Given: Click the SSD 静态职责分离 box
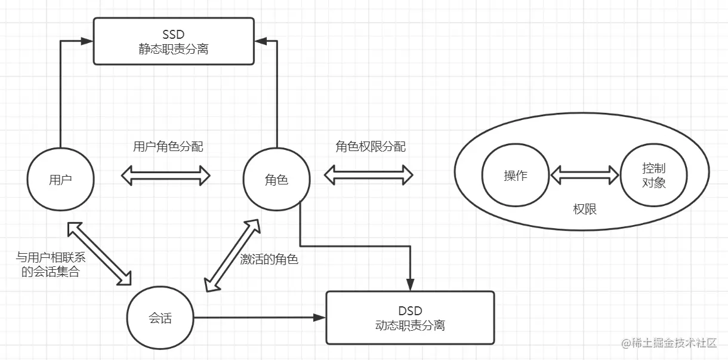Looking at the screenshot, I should tap(173, 41).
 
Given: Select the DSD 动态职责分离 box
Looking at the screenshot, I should tap(410, 318).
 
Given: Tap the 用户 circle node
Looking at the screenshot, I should tap(60, 180).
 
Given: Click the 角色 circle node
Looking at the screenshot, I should tap(276, 180).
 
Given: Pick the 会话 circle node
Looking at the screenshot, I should tap(160, 318).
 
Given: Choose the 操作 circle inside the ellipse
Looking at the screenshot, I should tap(516, 176).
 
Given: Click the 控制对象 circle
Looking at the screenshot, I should tap(653, 176).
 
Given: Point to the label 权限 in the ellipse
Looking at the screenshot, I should tap(584, 210).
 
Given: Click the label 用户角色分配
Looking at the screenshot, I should tap(168, 146).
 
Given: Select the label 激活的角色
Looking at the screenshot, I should tap(269, 259).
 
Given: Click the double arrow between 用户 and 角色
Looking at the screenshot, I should tap(166, 176).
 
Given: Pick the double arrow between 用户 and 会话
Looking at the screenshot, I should tap(99, 251).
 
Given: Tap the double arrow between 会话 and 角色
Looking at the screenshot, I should tap(233, 255).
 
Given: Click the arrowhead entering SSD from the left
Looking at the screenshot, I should tap(87, 41).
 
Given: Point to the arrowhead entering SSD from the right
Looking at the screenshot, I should tap(260, 41).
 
